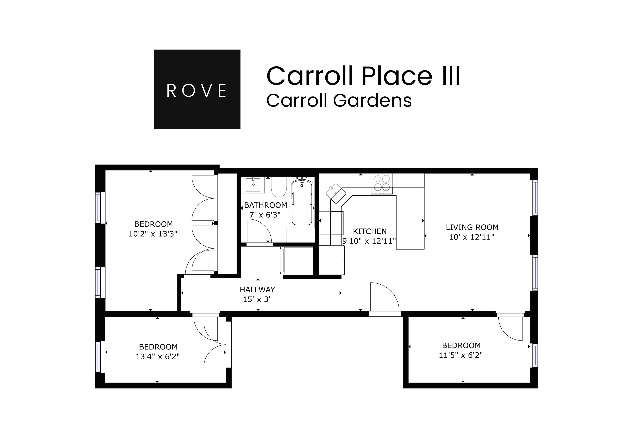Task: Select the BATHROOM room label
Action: [265, 205]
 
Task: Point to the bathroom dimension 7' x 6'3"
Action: [265, 215]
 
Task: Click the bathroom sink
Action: [253, 185]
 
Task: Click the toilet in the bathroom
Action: [279, 187]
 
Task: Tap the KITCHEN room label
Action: [370, 231]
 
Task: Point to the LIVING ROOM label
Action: [472, 227]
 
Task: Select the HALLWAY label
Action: [257, 290]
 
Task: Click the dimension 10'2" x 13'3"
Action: [153, 234]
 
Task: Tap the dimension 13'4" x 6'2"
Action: [157, 357]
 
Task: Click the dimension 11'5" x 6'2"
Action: [460, 355]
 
